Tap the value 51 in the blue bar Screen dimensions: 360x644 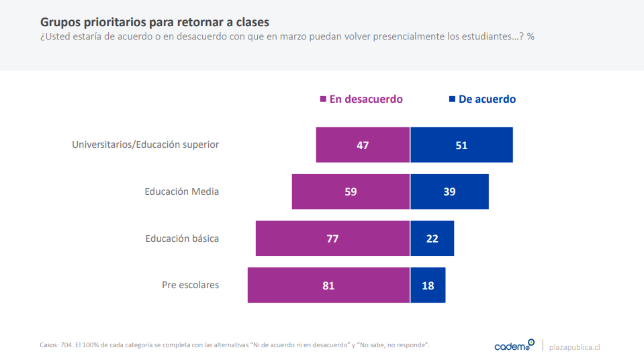[x=461, y=145]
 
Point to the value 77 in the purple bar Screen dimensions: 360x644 [x=332, y=238]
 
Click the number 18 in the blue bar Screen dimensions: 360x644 [x=428, y=285]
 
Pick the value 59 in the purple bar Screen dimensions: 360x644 [x=351, y=191]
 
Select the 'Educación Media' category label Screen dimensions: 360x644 [x=182, y=191]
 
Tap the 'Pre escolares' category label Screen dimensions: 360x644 [x=190, y=285]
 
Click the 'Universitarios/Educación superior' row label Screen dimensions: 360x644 [x=145, y=144]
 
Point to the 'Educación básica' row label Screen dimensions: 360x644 [x=182, y=238]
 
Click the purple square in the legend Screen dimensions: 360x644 [x=323, y=99]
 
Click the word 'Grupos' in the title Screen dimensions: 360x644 [x=60, y=22]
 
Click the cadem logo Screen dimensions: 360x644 [x=514, y=346]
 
